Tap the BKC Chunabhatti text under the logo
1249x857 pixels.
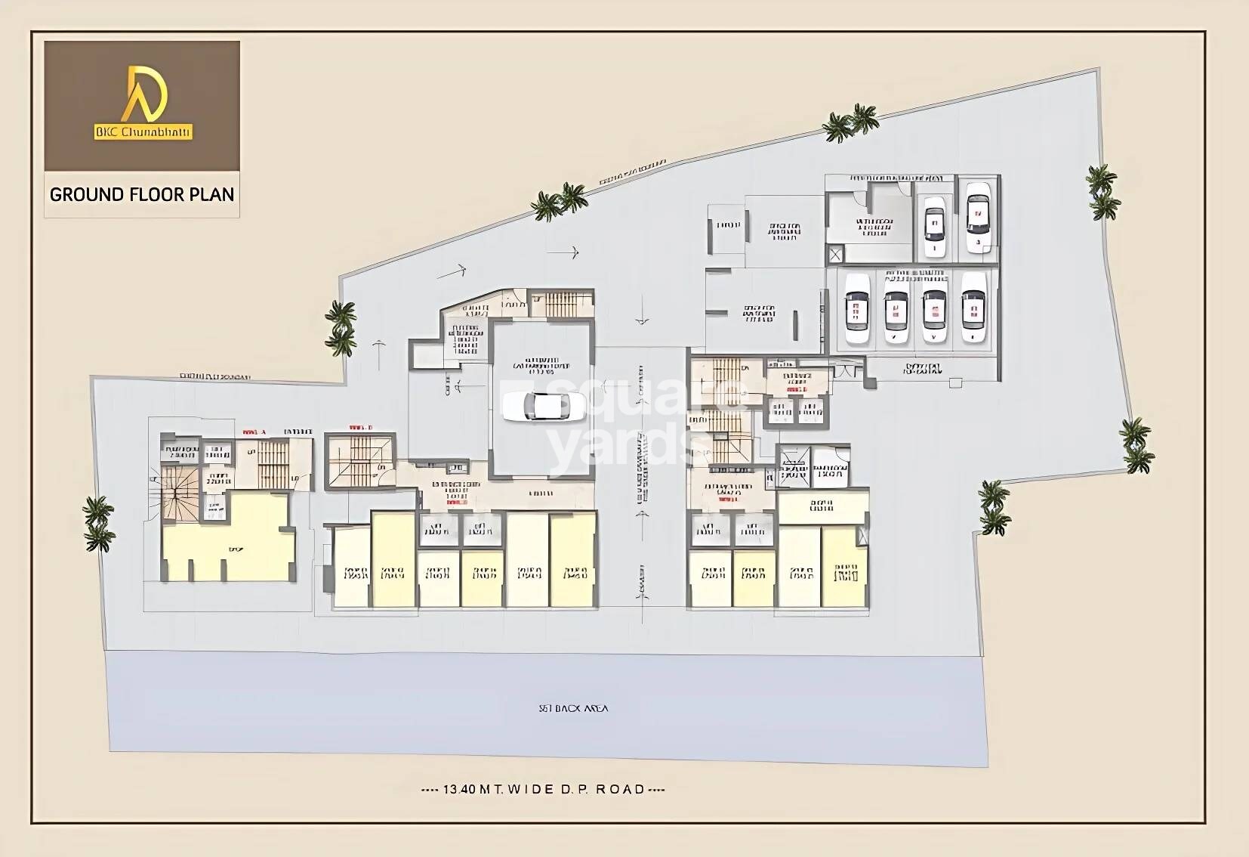pyautogui.click(x=143, y=133)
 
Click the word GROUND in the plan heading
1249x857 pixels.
pyautogui.click(x=85, y=194)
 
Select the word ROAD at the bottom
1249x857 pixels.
pyautogui.click(x=621, y=789)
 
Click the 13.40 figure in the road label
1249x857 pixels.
pyautogui.click(x=460, y=789)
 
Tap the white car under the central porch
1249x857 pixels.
pyautogui.click(x=543, y=407)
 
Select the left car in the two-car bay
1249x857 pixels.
pyautogui.click(x=934, y=224)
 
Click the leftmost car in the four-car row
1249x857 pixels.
pyautogui.click(x=857, y=308)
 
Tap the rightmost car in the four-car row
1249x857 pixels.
pyautogui.click(x=973, y=308)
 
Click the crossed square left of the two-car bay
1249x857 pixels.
pyautogui.click(x=834, y=255)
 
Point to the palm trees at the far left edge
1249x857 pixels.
pyautogui.click(x=98, y=523)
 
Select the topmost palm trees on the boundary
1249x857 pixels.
pyautogui.click(x=851, y=123)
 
